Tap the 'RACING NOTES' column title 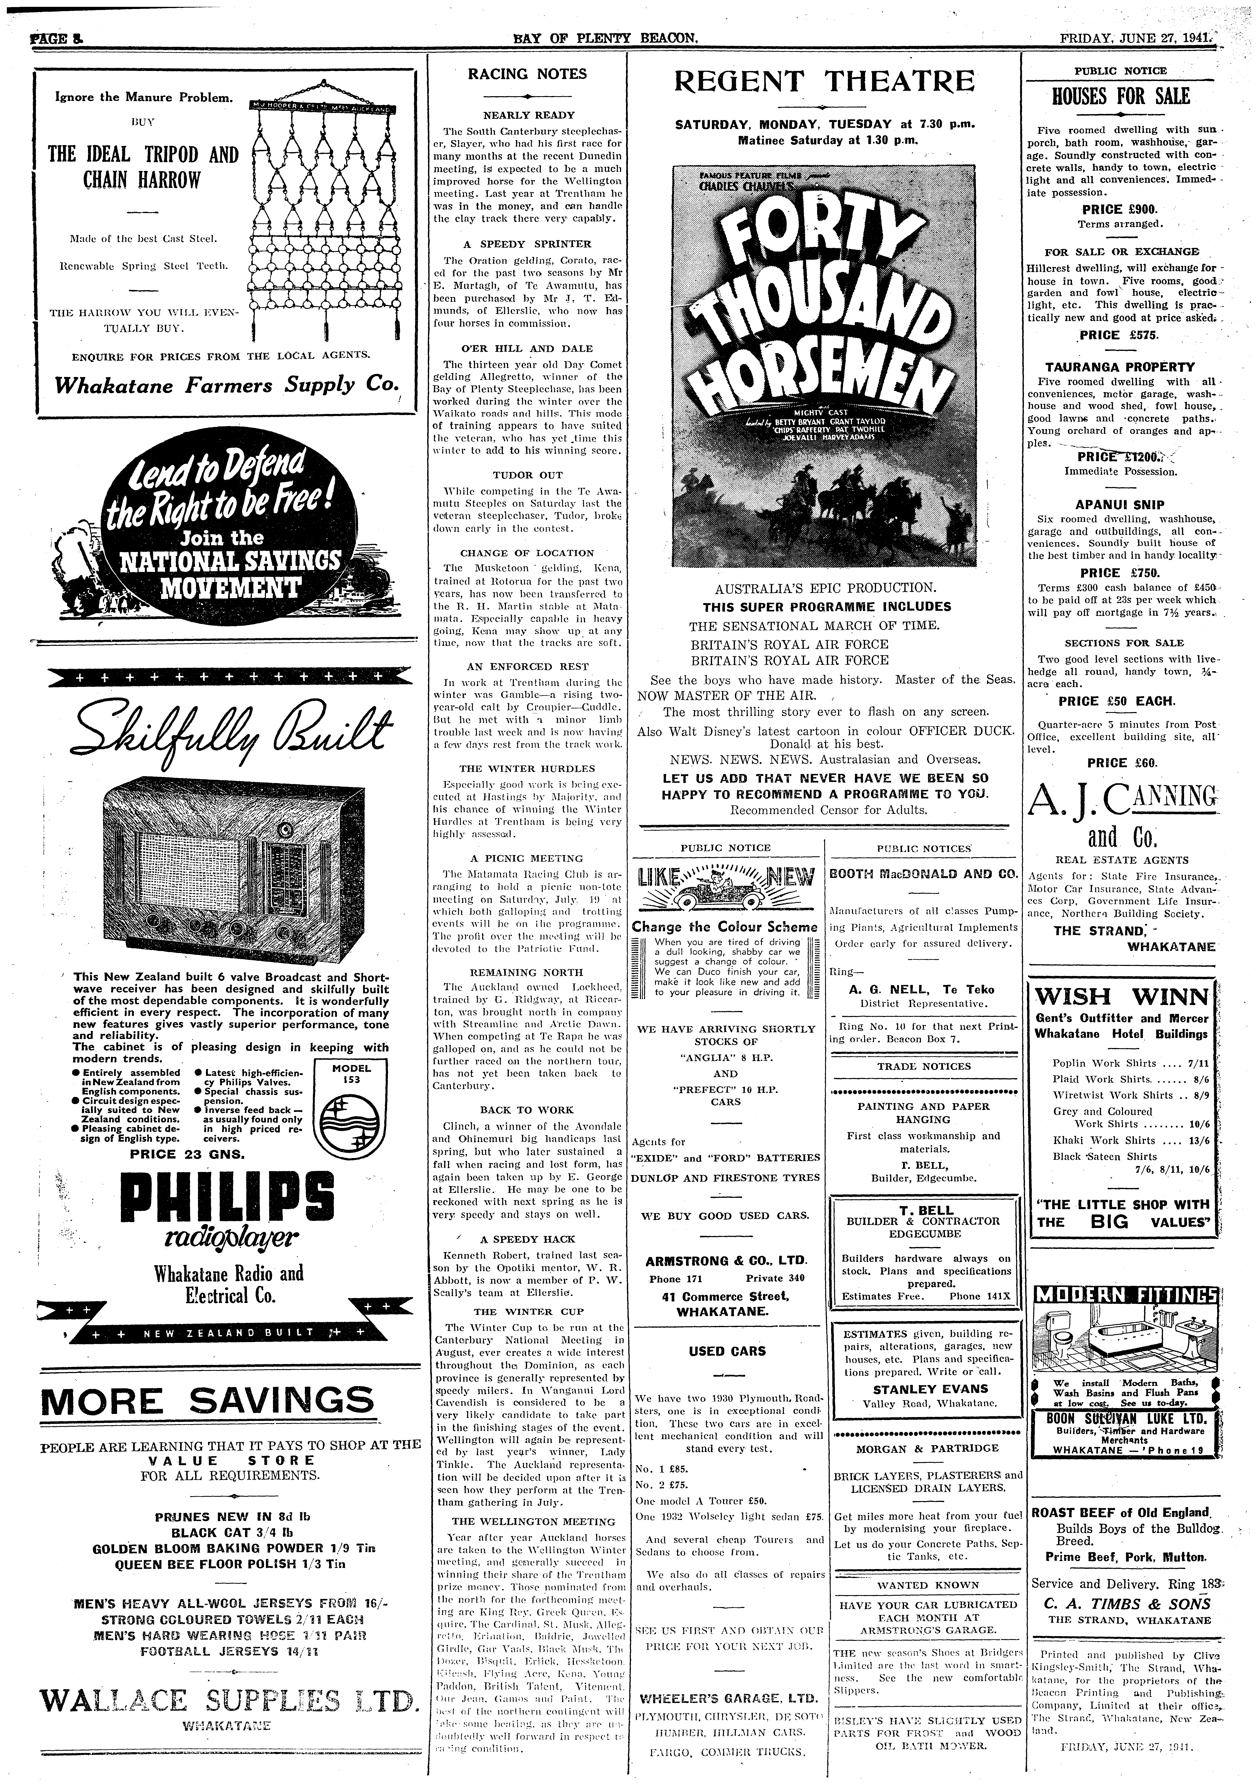(x=527, y=74)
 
